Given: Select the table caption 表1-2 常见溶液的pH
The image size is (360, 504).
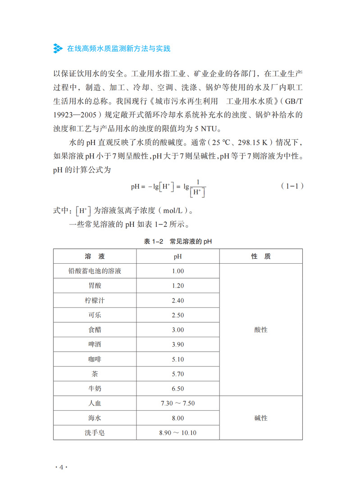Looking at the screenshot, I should pyautogui.click(x=178, y=242).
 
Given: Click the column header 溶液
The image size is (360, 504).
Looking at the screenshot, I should pyautogui.click(x=95, y=256).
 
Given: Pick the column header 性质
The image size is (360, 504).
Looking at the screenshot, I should pyautogui.click(x=261, y=256).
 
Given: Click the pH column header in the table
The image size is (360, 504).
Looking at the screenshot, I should pyautogui.click(x=178, y=256).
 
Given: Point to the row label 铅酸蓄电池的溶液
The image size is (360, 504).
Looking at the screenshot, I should pyautogui.click(x=95, y=271).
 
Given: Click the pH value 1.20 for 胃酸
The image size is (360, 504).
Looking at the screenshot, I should pyautogui.click(x=178, y=285).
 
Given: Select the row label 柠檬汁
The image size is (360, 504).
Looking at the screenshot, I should pyautogui.click(x=95, y=300).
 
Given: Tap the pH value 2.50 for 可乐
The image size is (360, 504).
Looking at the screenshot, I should pyautogui.click(x=178, y=315).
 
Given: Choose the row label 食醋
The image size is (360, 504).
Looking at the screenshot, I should pyautogui.click(x=95, y=330).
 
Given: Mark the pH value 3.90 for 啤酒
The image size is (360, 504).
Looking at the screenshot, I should pyautogui.click(x=178, y=344).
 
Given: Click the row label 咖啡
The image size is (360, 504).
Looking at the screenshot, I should pyautogui.click(x=95, y=359).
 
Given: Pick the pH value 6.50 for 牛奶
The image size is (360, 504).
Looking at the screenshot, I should pyautogui.click(x=178, y=389).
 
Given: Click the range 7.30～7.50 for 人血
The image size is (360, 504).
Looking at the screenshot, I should pyautogui.click(x=178, y=403).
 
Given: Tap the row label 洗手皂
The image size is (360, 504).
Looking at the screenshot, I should pyautogui.click(x=95, y=433).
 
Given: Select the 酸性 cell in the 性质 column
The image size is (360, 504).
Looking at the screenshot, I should pyautogui.click(x=261, y=330).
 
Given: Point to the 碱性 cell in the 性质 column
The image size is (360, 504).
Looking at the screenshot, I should pyautogui.click(x=261, y=418).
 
